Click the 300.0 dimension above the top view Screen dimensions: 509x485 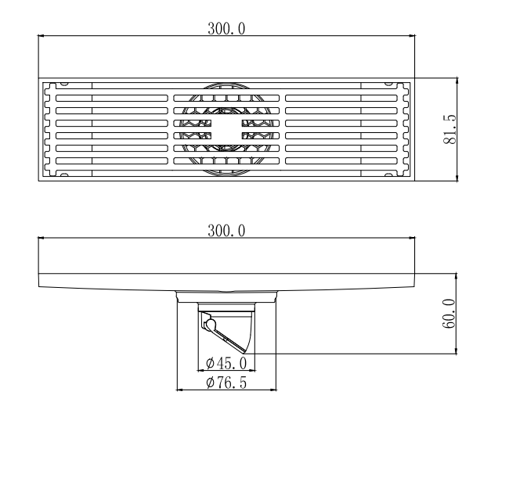pyautogui.click(x=226, y=28)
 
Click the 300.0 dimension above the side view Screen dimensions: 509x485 pyautogui.click(x=226, y=231)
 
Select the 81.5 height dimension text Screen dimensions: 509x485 pyautogui.click(x=450, y=129)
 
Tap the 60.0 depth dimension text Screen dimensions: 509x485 pyautogui.click(x=449, y=314)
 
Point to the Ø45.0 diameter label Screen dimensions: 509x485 pyautogui.click(x=226, y=363)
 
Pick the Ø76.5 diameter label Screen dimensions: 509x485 pyautogui.click(x=226, y=383)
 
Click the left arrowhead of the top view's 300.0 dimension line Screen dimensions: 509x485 pyautogui.click(x=41, y=36)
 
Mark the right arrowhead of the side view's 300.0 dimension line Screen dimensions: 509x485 pyautogui.click(x=412, y=238)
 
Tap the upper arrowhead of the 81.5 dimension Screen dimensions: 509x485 pyautogui.click(x=457, y=81)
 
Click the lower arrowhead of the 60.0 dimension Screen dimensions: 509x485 pyautogui.click(x=457, y=351)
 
